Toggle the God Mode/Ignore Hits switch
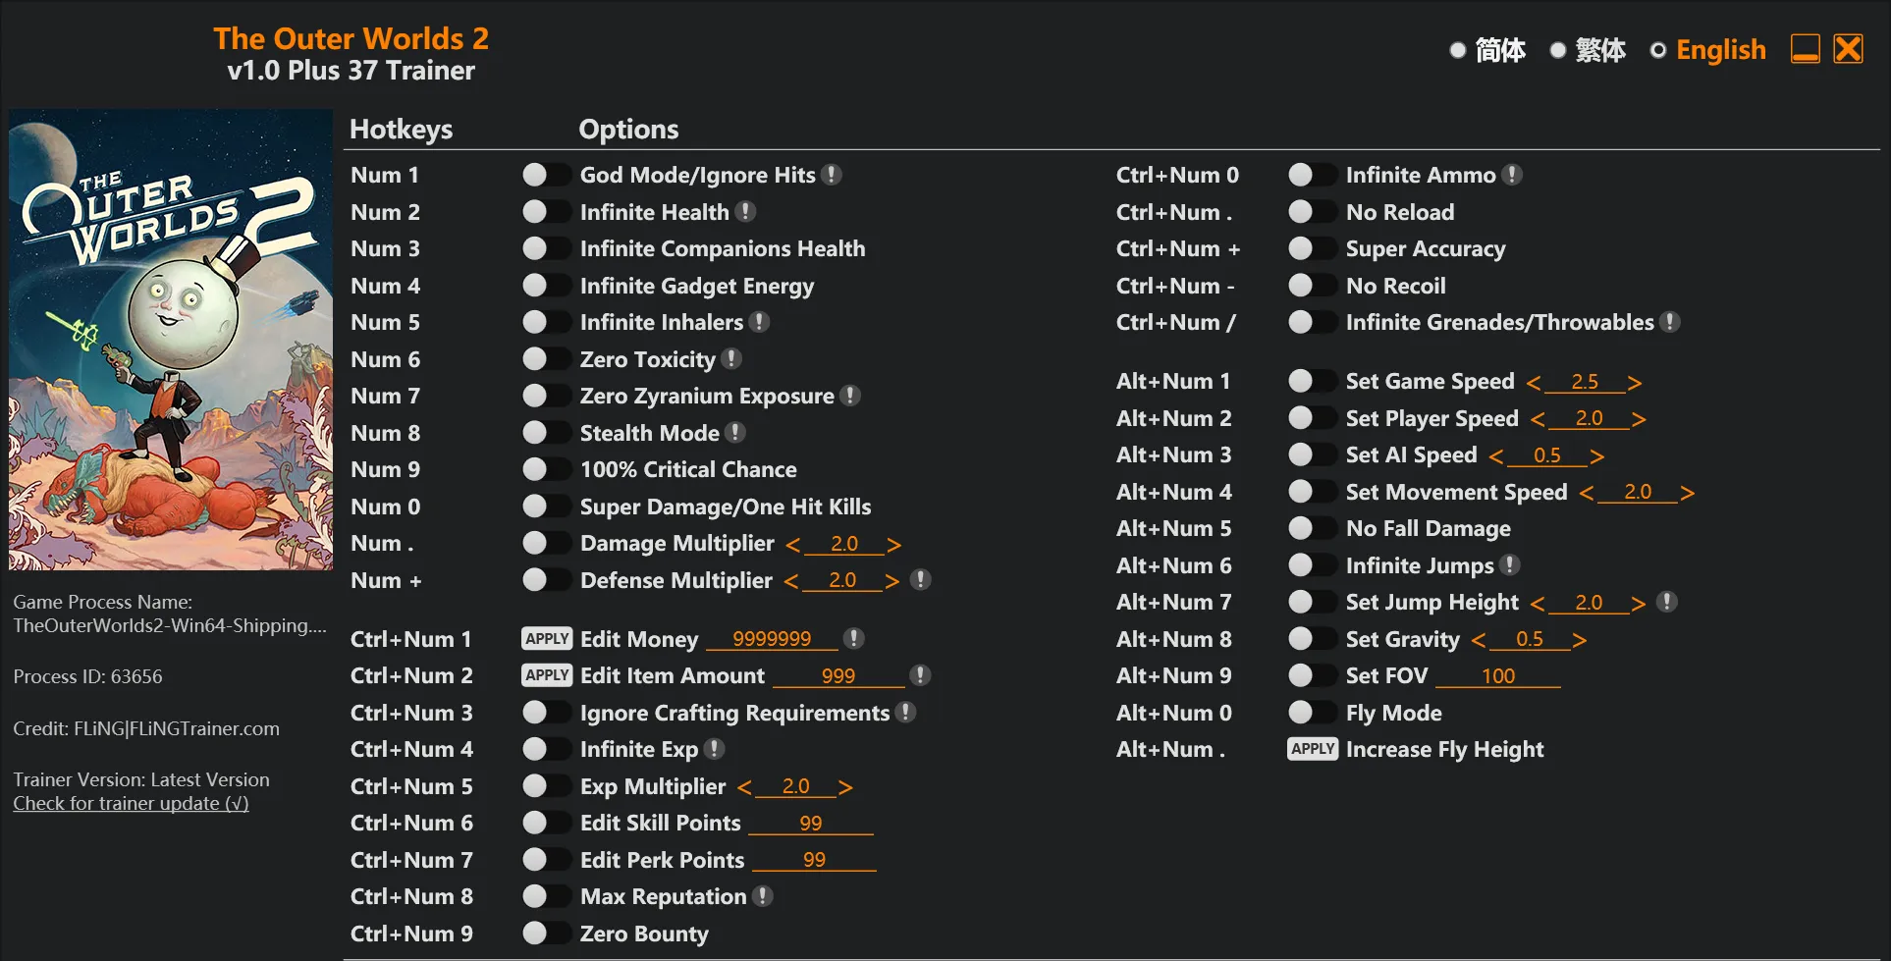[546, 175]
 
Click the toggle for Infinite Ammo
[1312, 175]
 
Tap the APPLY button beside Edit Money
[546, 639]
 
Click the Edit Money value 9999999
[772, 639]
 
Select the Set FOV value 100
[1497, 676]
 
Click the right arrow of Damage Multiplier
[893, 545]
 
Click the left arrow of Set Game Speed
[1534, 383]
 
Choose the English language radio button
[1658, 50]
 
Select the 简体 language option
[1458, 50]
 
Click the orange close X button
[1848, 49]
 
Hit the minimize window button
[1805, 49]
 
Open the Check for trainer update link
[131, 804]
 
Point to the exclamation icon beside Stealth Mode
[735, 433]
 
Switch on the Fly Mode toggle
[1312, 713]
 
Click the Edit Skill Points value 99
[810, 824]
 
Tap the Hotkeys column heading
[401, 130]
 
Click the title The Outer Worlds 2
[351, 38]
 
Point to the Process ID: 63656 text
[87, 676]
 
